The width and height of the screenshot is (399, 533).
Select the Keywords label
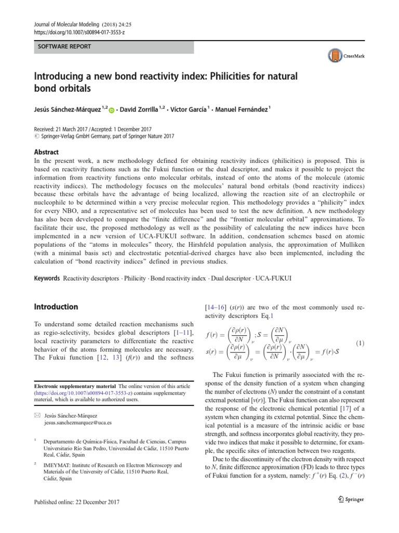[x=47, y=278]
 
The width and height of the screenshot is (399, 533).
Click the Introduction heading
[x=56, y=307]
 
